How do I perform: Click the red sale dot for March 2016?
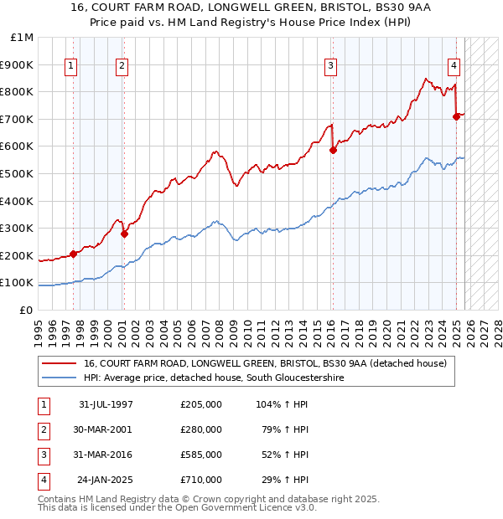[333, 151]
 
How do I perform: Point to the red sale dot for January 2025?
[456, 116]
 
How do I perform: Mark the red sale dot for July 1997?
[73, 254]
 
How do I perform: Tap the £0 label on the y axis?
[26, 310]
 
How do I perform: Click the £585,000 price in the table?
[201, 455]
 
